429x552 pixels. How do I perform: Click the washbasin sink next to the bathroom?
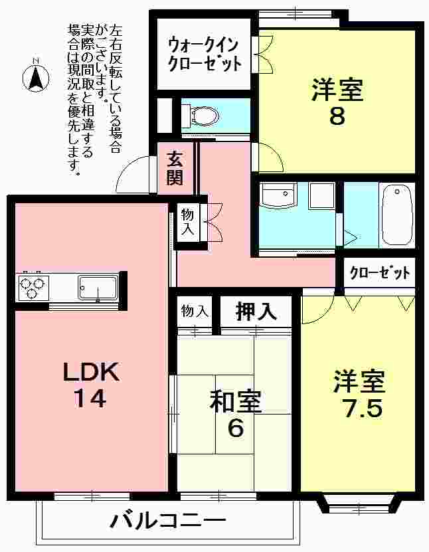[278, 197]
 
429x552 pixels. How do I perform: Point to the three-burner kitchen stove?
[31, 288]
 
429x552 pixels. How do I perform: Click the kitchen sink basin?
[97, 288]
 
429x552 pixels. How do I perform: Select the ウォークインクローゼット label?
[203, 54]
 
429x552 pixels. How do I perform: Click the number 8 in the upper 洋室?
[337, 116]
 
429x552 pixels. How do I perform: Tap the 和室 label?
[235, 401]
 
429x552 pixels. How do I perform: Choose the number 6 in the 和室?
[235, 428]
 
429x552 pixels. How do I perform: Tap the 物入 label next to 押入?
[195, 311]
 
